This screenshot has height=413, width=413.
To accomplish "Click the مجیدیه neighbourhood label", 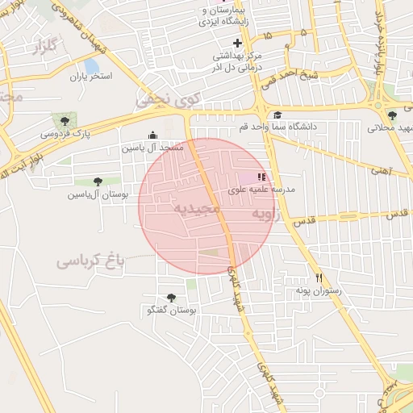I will (196, 209).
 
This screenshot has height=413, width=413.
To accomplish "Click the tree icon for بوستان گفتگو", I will (170, 298).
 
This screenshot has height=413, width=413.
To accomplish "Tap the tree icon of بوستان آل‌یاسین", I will (98, 181).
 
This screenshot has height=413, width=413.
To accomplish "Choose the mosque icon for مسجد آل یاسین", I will (152, 136).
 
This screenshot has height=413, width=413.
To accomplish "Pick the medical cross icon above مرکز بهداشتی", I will (237, 43).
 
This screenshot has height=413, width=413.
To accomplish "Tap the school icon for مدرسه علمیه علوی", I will (261, 177).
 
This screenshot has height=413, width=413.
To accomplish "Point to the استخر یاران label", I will (90, 77).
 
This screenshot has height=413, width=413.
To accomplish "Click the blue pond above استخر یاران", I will (91, 65).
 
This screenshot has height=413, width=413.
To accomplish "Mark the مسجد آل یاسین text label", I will (153, 148).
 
